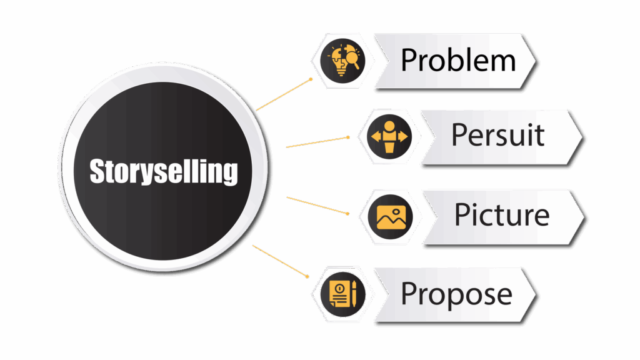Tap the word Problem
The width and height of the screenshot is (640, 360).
pos(458,61)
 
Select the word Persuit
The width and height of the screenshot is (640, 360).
pos(497,135)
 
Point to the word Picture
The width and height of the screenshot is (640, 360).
pos(501,214)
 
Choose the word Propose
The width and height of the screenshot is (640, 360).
pos(456,293)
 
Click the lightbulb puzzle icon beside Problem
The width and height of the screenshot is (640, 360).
pos(342,61)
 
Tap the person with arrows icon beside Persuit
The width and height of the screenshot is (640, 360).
pos(389,136)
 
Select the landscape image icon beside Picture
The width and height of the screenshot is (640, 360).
pos(391,215)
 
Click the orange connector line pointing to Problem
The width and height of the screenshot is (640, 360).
pos(284,95)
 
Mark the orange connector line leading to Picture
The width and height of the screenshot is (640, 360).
pos(317,206)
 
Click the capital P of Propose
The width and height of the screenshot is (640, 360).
pos(409,293)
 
